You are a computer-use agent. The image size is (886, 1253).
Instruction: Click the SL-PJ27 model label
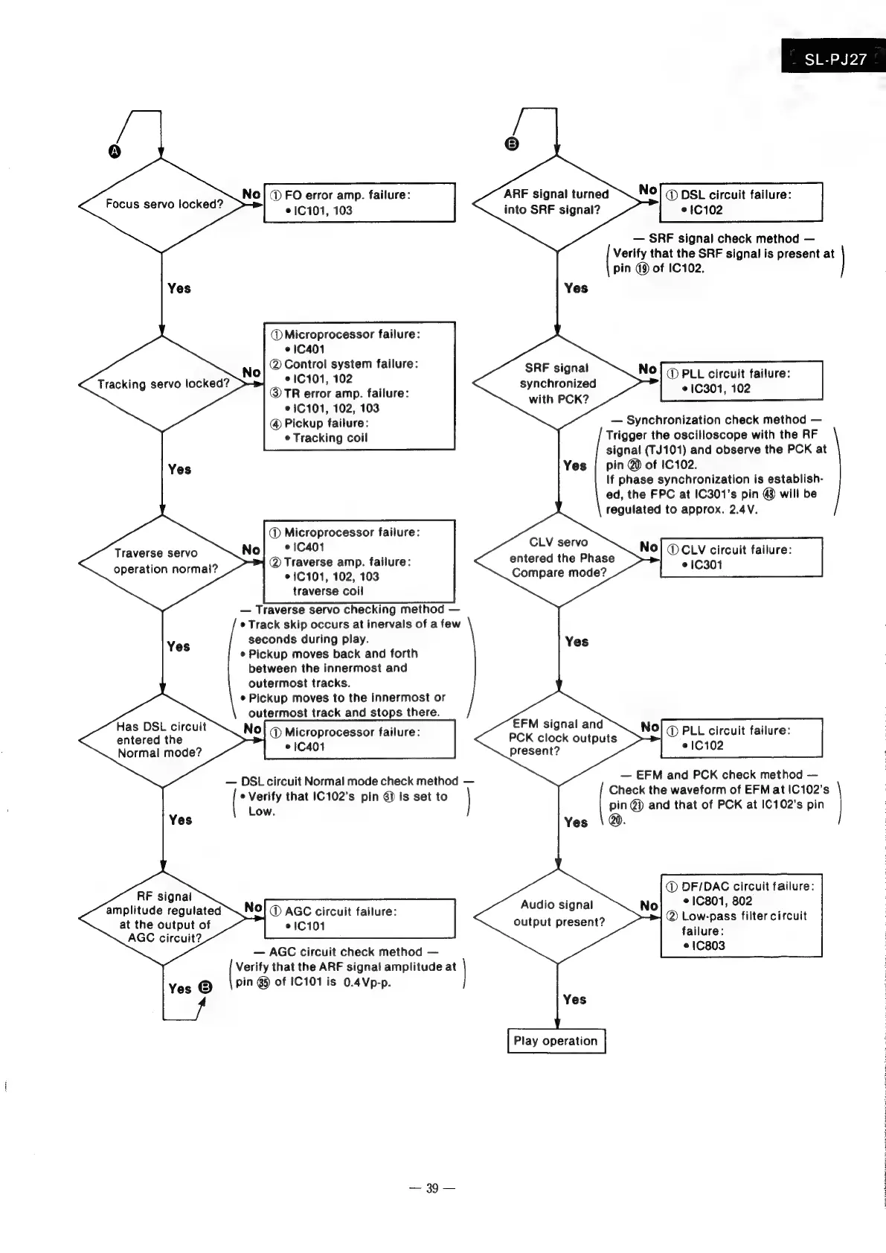coord(835,59)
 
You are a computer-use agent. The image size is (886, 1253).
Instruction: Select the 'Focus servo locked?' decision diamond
coord(162,204)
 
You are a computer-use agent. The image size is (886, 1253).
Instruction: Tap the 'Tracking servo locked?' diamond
coord(162,384)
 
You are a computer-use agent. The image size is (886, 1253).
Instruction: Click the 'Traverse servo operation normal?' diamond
coord(162,561)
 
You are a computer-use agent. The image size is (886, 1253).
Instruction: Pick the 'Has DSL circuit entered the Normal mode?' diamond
coord(162,740)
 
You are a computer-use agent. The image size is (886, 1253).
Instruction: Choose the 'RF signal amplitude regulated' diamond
coord(163,917)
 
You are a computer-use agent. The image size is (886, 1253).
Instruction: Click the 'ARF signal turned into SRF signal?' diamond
coord(556,203)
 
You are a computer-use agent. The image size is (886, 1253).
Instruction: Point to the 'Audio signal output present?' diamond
coord(557,914)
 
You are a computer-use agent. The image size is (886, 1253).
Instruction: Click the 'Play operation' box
coord(556,1041)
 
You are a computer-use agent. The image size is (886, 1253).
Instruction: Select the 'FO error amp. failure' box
coord(359,203)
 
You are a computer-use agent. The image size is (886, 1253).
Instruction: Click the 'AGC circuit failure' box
coord(359,919)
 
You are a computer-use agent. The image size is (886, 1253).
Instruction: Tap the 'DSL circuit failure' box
coord(741,202)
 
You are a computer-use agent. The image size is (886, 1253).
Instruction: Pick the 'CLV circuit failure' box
coord(741,557)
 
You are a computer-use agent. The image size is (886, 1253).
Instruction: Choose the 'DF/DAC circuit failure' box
coord(741,916)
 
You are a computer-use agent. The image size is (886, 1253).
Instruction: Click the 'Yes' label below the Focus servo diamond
coord(179,288)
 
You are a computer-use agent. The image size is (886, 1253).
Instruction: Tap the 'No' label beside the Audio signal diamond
coord(649,905)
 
